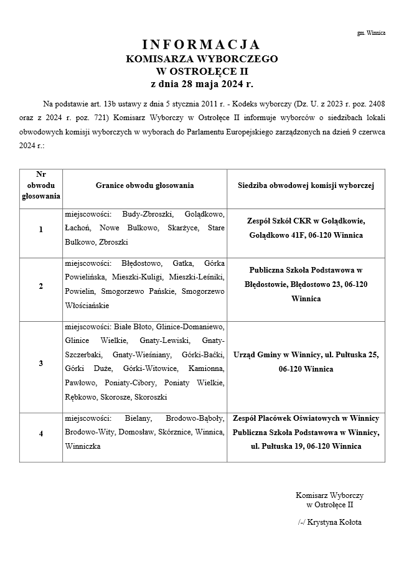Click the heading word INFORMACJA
point(202,45)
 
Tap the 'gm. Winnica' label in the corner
point(371,32)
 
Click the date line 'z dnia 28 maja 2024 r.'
point(202,83)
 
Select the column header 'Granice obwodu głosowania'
point(144,185)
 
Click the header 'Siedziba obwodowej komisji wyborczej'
point(306,185)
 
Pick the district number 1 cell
point(41,230)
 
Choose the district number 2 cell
point(41,286)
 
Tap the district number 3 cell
point(41,363)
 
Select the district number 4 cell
point(41,433)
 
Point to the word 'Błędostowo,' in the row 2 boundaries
point(142,264)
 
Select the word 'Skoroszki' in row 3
point(149,396)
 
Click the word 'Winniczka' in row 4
point(82,447)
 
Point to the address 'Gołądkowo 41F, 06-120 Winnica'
point(306,236)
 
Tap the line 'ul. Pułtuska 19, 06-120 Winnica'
point(306,446)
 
